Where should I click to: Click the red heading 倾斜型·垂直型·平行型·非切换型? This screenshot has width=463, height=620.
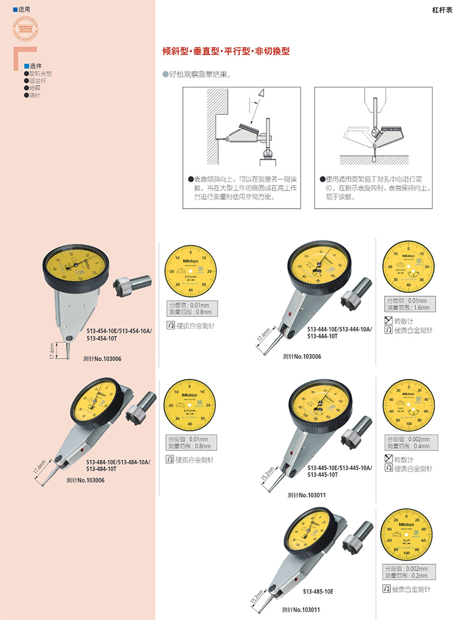(226, 52)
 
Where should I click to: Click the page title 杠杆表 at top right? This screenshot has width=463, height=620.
(442, 10)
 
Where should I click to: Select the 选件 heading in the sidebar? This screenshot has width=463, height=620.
(35, 66)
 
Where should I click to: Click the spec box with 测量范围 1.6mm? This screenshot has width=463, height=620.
(407, 304)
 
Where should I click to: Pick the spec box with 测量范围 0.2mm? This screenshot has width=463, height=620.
(407, 573)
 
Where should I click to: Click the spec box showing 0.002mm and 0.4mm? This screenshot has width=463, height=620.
(407, 443)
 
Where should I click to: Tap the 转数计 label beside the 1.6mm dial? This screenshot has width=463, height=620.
(404, 321)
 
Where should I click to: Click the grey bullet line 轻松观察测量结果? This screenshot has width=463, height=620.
(199, 75)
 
